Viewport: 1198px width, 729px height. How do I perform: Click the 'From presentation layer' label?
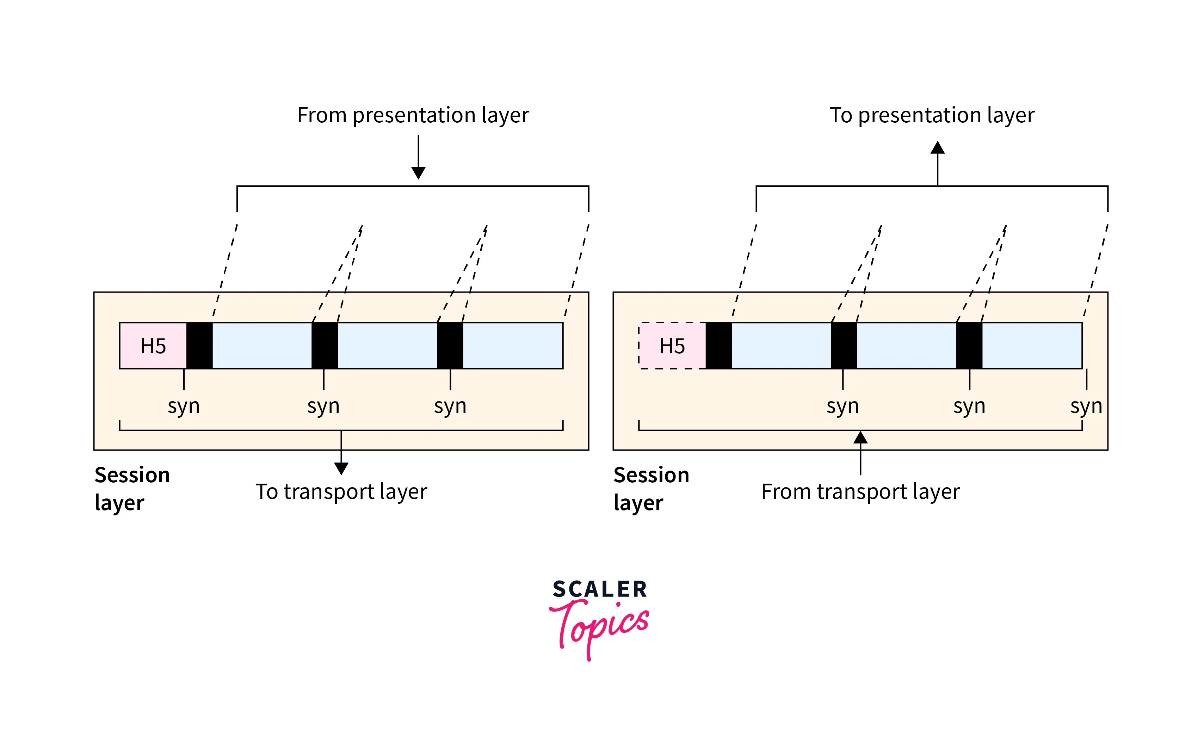pyautogui.click(x=413, y=116)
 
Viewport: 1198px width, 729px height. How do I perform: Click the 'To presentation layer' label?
pyautogui.click(x=932, y=116)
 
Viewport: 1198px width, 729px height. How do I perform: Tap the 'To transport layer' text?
pyautogui.click(x=341, y=492)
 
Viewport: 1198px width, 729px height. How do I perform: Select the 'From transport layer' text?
pyautogui.click(x=860, y=492)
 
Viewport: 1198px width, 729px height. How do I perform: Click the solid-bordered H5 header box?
pyautogui.click(x=153, y=346)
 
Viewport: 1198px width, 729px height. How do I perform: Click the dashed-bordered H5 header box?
pyautogui.click(x=672, y=346)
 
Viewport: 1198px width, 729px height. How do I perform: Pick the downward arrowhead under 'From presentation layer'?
pyautogui.click(x=418, y=173)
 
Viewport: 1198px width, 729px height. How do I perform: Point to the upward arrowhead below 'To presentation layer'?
pyautogui.click(x=937, y=148)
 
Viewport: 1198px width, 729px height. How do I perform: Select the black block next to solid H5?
pyautogui.click(x=199, y=346)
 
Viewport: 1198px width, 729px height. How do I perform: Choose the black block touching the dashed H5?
pyautogui.click(x=718, y=346)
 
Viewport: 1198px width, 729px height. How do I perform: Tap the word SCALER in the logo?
pyautogui.click(x=599, y=589)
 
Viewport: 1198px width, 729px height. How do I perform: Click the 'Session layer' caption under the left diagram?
pyautogui.click(x=132, y=488)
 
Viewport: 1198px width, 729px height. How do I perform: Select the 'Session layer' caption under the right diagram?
pyautogui.click(x=651, y=488)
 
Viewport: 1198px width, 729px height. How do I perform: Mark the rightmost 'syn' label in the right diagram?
pyautogui.click(x=1086, y=406)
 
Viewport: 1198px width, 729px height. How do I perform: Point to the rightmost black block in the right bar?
pyautogui.click(x=969, y=346)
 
